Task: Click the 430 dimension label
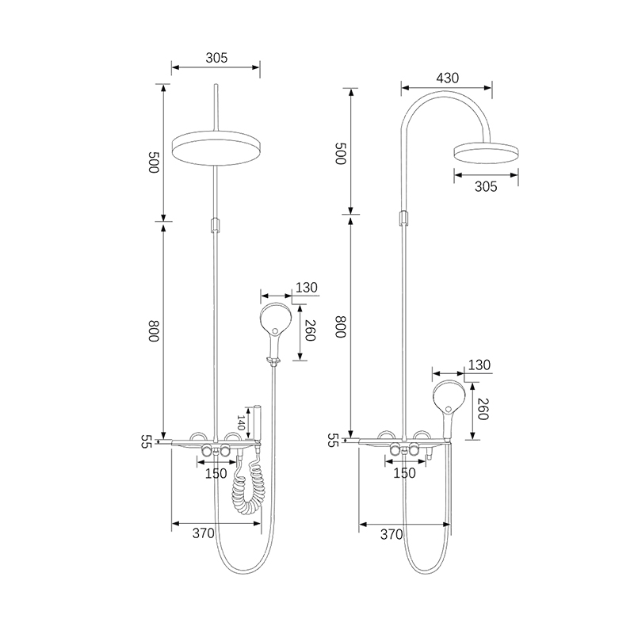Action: click(447, 78)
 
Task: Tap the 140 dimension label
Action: click(242, 422)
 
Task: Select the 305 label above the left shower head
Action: click(216, 58)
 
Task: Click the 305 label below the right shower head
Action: click(486, 186)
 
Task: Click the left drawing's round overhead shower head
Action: click(216, 148)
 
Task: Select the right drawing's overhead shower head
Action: click(486, 153)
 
